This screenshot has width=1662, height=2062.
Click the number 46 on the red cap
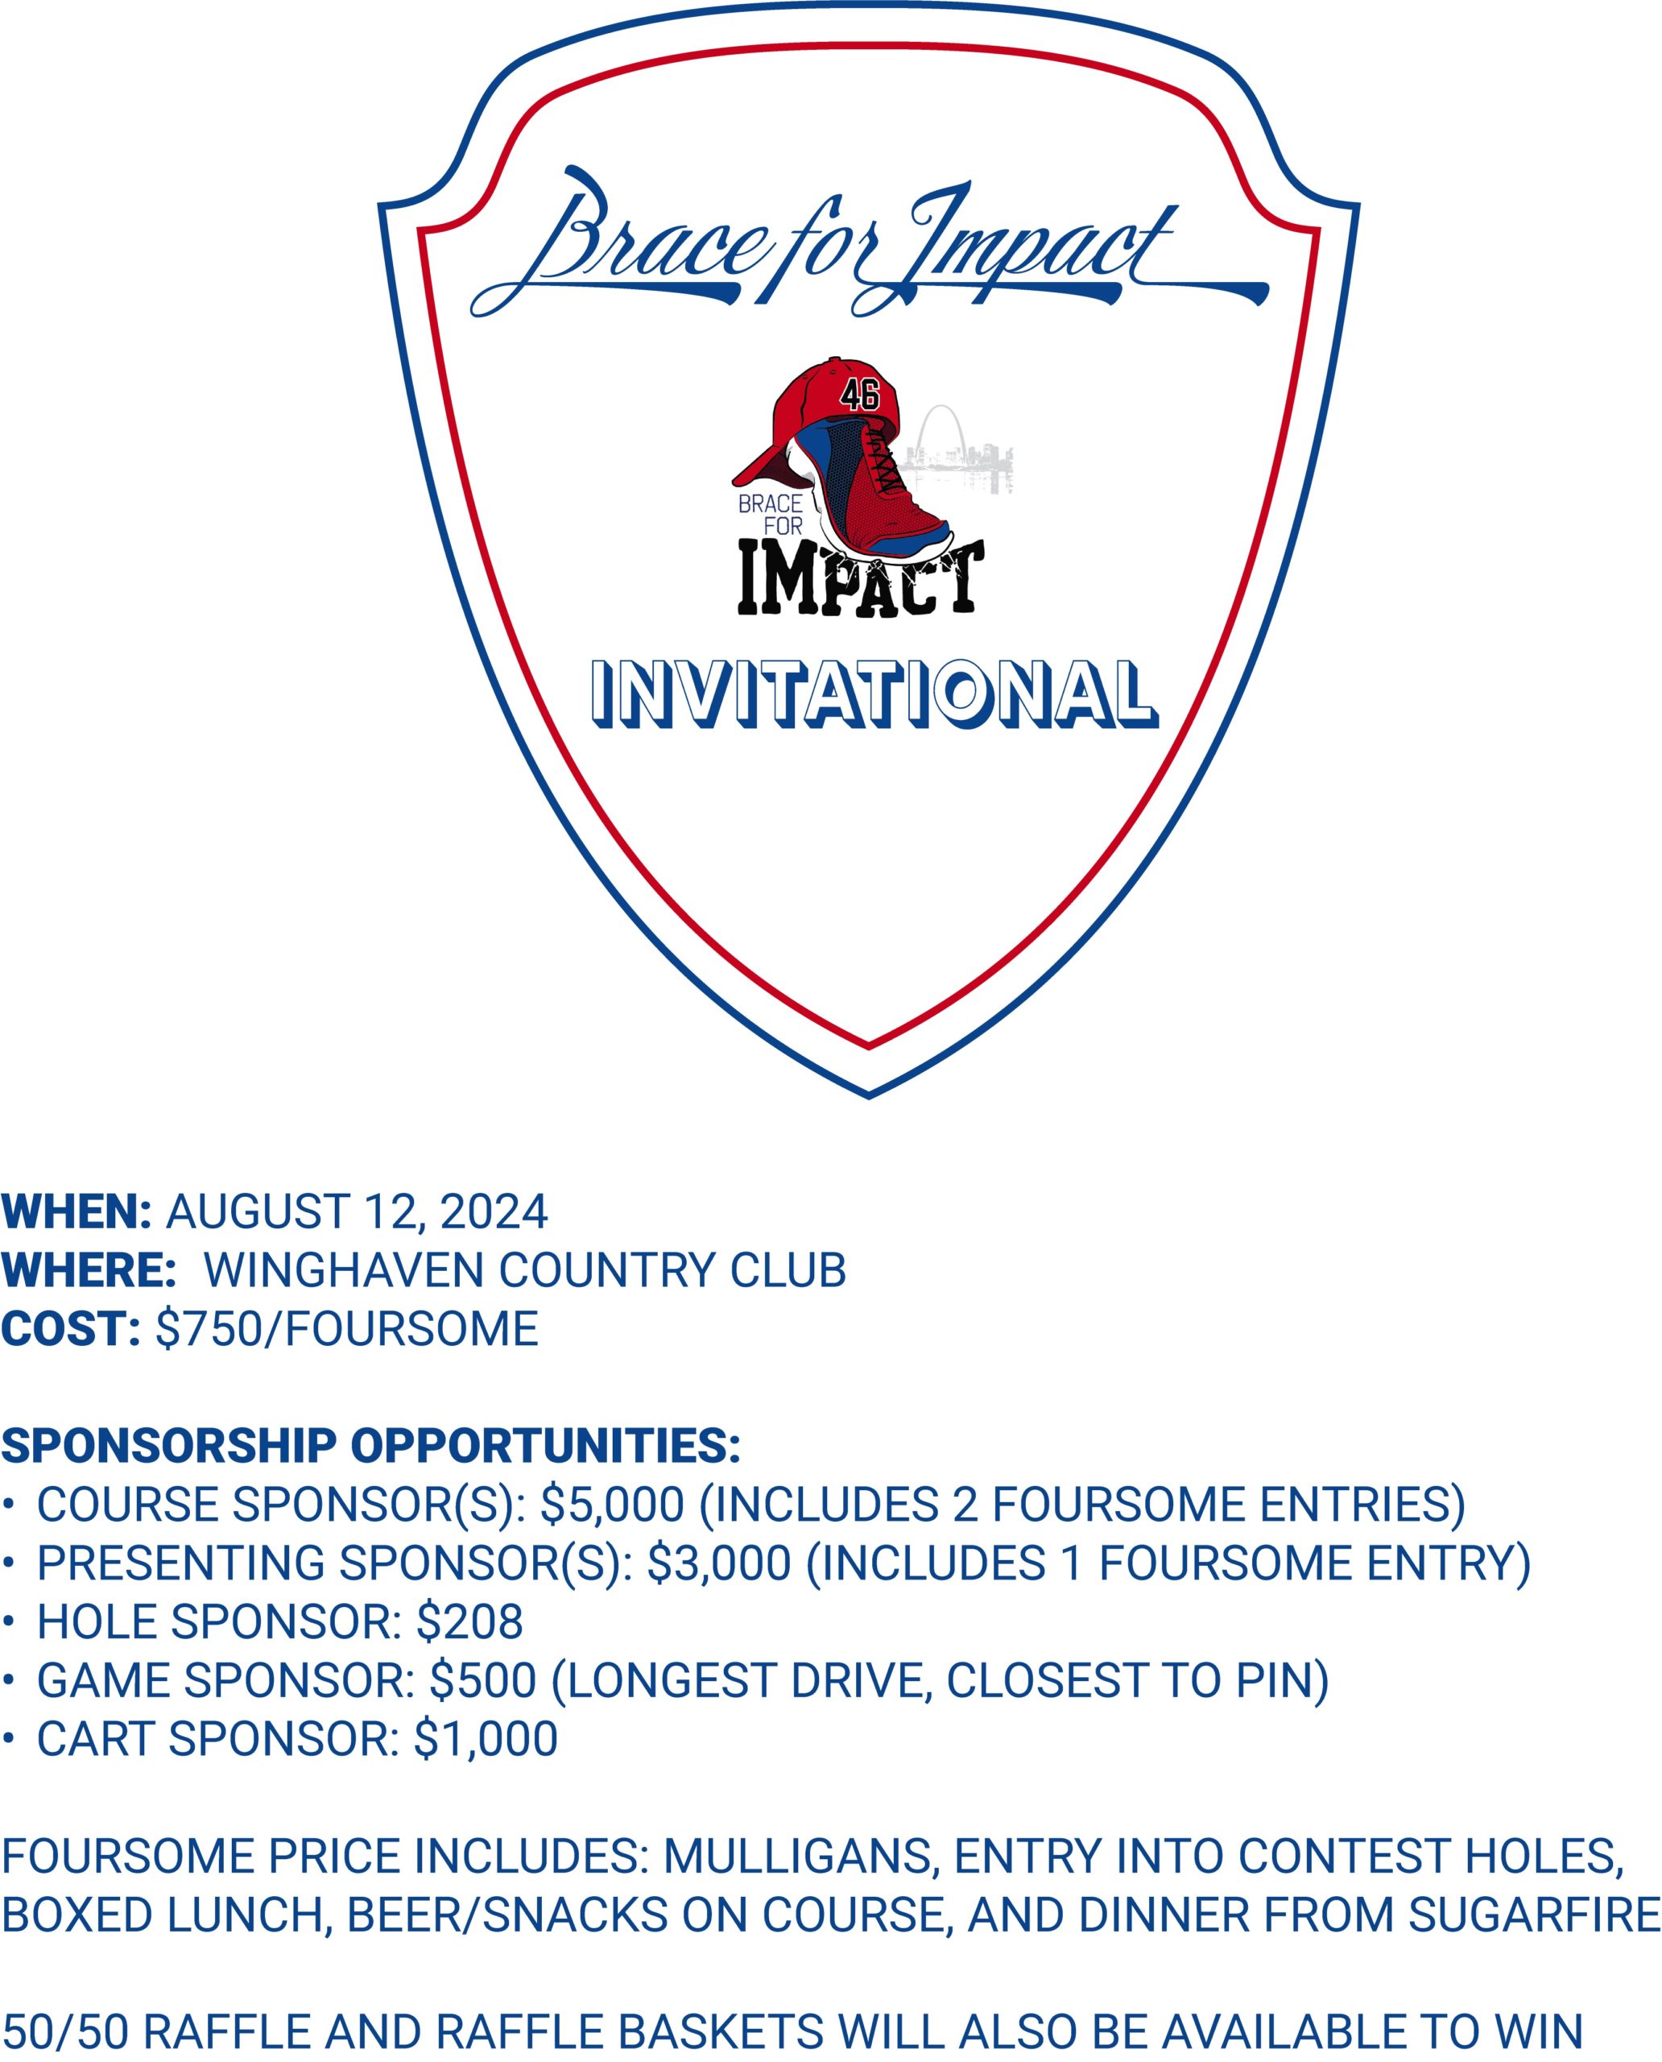click(x=858, y=395)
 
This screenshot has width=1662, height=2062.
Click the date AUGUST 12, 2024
click(x=357, y=1212)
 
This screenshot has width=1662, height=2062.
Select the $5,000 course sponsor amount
click(x=613, y=1505)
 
